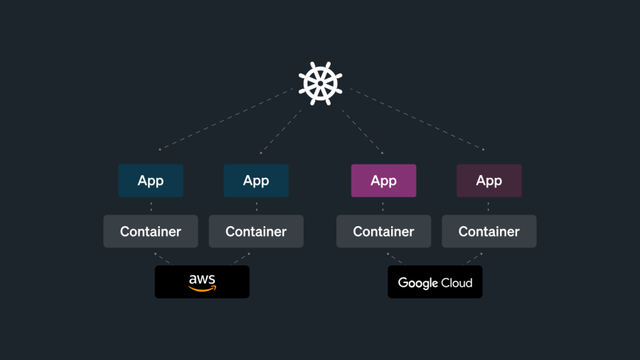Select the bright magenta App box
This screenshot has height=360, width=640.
click(383, 181)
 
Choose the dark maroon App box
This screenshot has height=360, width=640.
click(489, 181)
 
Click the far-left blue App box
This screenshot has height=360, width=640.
click(151, 181)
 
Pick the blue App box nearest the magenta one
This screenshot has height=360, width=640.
click(256, 181)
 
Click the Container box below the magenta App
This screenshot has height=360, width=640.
click(383, 231)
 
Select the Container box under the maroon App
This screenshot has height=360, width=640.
click(489, 231)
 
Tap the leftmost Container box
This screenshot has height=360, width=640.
click(151, 231)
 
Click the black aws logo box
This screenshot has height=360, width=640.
click(202, 282)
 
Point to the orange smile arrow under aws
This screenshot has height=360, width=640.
click(202, 288)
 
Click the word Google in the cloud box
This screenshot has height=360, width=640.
click(417, 282)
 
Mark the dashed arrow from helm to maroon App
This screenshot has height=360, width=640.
click(416, 120)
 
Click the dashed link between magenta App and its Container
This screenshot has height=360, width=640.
click(383, 206)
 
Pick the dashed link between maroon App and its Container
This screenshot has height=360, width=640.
click(489, 206)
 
